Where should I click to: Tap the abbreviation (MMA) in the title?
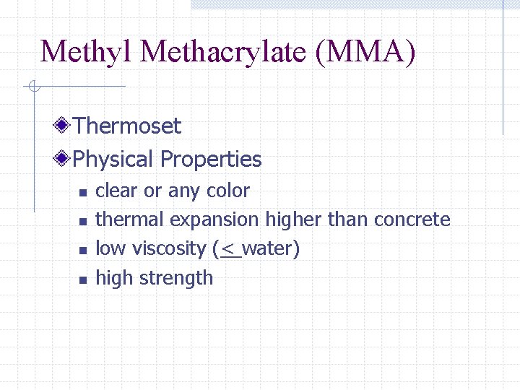pos(366,51)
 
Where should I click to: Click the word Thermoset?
pos(127,126)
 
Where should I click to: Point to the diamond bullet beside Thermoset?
pos(64,126)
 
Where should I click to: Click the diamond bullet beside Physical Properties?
pos(64,158)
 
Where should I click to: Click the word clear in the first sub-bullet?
pos(116,191)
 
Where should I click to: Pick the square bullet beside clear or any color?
pos(82,193)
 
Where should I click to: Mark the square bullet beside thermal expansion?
pos(82,222)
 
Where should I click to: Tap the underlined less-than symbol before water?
pos(230,249)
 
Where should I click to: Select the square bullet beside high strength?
pos(82,279)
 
